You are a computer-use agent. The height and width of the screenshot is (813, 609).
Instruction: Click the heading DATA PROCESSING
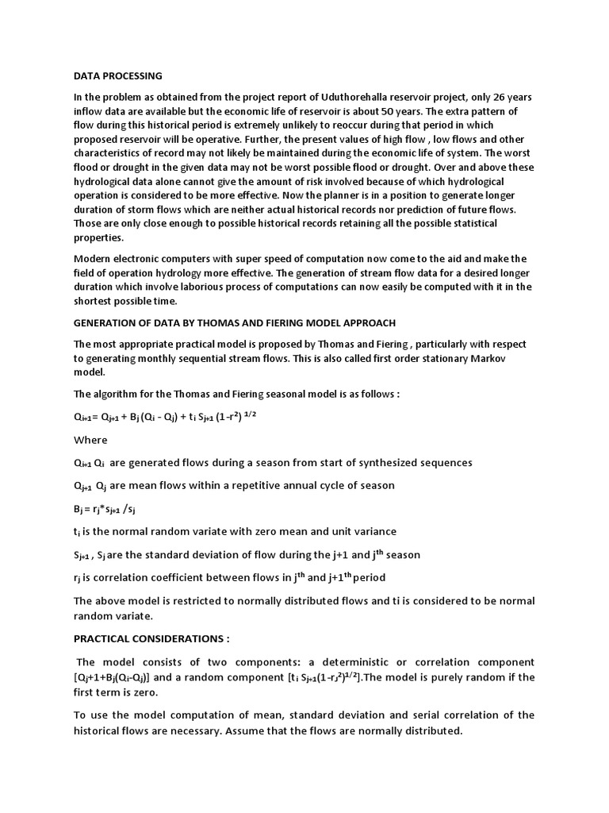pos(117,76)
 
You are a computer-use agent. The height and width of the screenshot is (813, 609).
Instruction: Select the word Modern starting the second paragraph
pos(94,259)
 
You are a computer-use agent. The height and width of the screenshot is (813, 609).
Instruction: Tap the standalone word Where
pos(90,440)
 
